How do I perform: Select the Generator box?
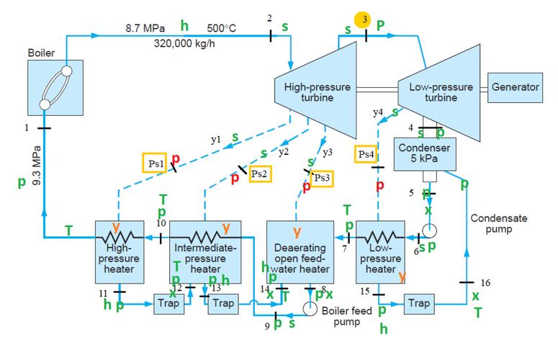[x=515, y=87]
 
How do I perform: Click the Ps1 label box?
[x=156, y=163]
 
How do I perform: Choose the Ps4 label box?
[x=366, y=155]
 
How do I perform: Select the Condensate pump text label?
[x=497, y=223]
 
